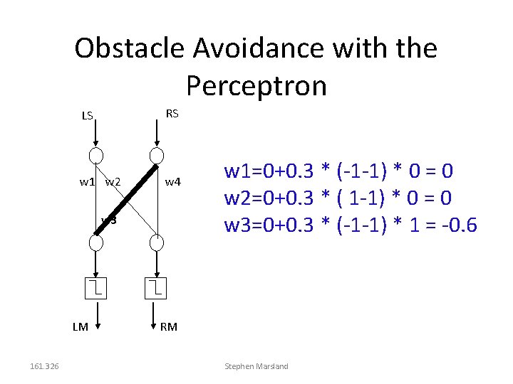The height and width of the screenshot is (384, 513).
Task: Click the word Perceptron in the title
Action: pyautogui.click(x=256, y=85)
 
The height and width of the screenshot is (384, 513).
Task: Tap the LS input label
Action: pyautogui.click(x=87, y=115)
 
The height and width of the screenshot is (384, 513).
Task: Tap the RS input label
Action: pyautogui.click(x=172, y=113)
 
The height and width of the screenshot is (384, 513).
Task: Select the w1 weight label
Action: pyautogui.click(x=87, y=182)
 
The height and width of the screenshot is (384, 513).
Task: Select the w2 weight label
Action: pyautogui.click(x=113, y=182)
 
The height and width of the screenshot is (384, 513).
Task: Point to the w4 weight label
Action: pyautogui.click(x=174, y=182)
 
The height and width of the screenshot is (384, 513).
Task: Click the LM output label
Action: pyautogui.click(x=80, y=327)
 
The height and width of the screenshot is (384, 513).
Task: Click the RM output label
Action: pyautogui.click(x=169, y=327)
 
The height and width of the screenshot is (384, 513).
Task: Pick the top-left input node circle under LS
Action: pyautogui.click(x=96, y=156)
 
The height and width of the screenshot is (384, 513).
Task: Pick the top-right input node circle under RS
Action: pyautogui.click(x=157, y=156)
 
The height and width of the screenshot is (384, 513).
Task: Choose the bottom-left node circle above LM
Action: pyautogui.click(x=96, y=242)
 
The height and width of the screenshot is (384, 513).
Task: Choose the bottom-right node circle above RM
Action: pyautogui.click(x=157, y=242)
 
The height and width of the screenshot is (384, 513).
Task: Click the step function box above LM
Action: pyautogui.click(x=96, y=287)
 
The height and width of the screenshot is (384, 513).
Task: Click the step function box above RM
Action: pyautogui.click(x=157, y=287)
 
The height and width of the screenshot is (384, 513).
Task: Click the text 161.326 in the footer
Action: pyautogui.click(x=44, y=366)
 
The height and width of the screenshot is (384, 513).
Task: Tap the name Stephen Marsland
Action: pyautogui.click(x=256, y=366)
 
